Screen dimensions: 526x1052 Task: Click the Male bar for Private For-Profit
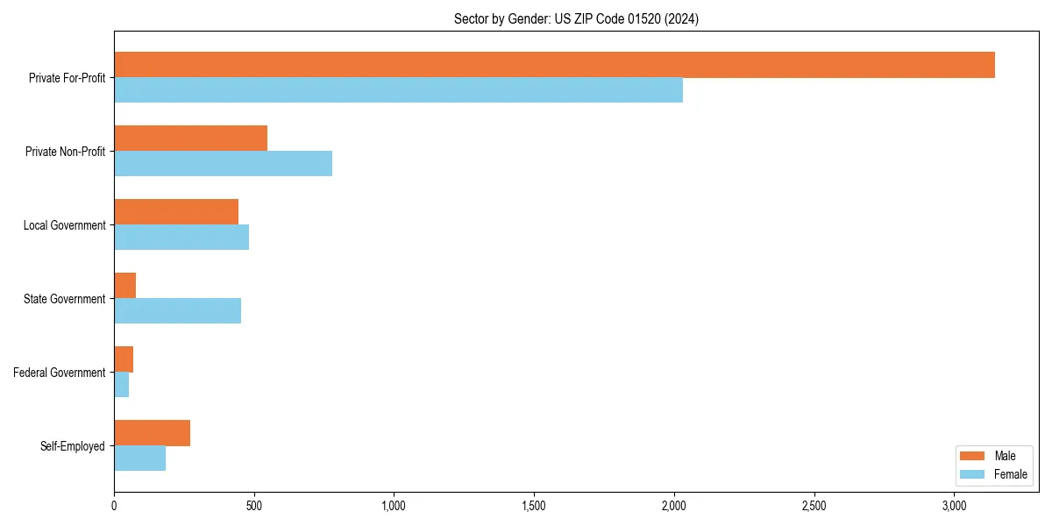554,65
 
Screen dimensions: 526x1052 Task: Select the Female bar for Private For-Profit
398,90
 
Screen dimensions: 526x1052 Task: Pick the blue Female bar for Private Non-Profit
223,164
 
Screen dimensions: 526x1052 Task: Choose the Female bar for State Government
177,311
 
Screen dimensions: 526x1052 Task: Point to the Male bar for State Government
124,286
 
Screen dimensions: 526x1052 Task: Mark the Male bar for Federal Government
124,359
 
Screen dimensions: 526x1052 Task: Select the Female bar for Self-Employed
139,458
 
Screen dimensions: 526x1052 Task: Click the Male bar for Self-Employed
152,433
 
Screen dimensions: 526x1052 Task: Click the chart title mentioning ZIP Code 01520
576,18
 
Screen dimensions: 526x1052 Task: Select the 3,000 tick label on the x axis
954,507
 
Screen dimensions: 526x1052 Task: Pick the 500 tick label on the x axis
254,507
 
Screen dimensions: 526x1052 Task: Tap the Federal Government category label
60,373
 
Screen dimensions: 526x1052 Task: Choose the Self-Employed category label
73,446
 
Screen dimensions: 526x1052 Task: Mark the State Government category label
65,299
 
